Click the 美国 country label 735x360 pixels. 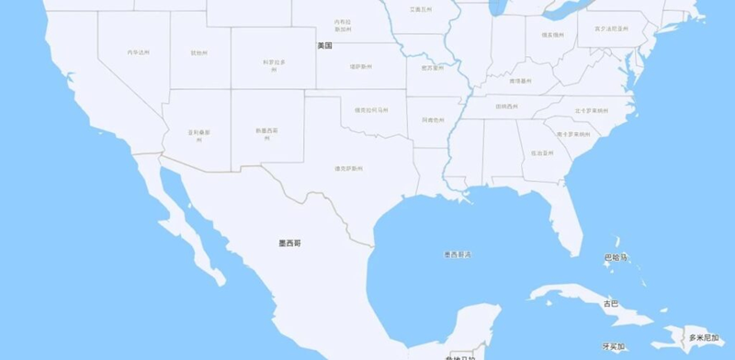coord(324,45)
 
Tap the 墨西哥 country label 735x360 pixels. coord(289,243)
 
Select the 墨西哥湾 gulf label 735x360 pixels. coord(457,254)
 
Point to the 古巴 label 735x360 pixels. coord(611,303)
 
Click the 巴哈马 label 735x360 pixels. coord(616,257)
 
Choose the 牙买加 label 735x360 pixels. coord(613,347)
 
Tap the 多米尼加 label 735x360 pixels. coord(703,338)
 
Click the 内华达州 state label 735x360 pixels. coord(138,52)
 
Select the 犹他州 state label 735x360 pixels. coord(198,53)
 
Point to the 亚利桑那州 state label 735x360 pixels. coord(199,135)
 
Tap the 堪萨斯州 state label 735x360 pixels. coord(361,67)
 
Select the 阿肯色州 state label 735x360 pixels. coord(433,119)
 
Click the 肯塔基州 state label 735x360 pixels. coord(521,81)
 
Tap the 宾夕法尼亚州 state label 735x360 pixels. coord(611,28)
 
